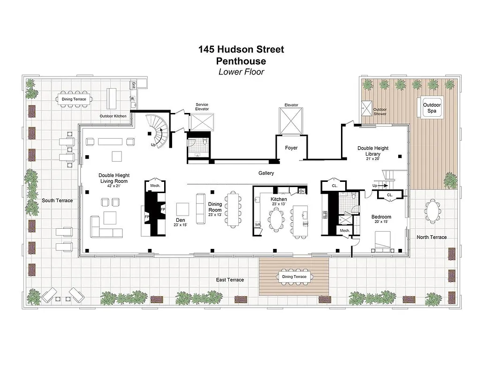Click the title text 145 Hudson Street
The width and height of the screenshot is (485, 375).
241,49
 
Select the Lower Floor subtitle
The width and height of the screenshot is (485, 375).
241,72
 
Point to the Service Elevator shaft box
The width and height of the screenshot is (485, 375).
202,121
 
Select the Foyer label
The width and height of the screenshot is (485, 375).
291,148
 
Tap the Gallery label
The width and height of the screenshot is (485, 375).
266,173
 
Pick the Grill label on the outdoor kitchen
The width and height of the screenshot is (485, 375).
133,85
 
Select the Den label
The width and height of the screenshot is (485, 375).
180,219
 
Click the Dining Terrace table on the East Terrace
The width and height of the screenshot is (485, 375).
294,277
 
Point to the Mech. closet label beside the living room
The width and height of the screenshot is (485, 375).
155,186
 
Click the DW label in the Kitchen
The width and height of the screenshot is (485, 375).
305,224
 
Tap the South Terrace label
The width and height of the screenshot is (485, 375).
57,201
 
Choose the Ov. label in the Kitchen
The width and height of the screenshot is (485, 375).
302,191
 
